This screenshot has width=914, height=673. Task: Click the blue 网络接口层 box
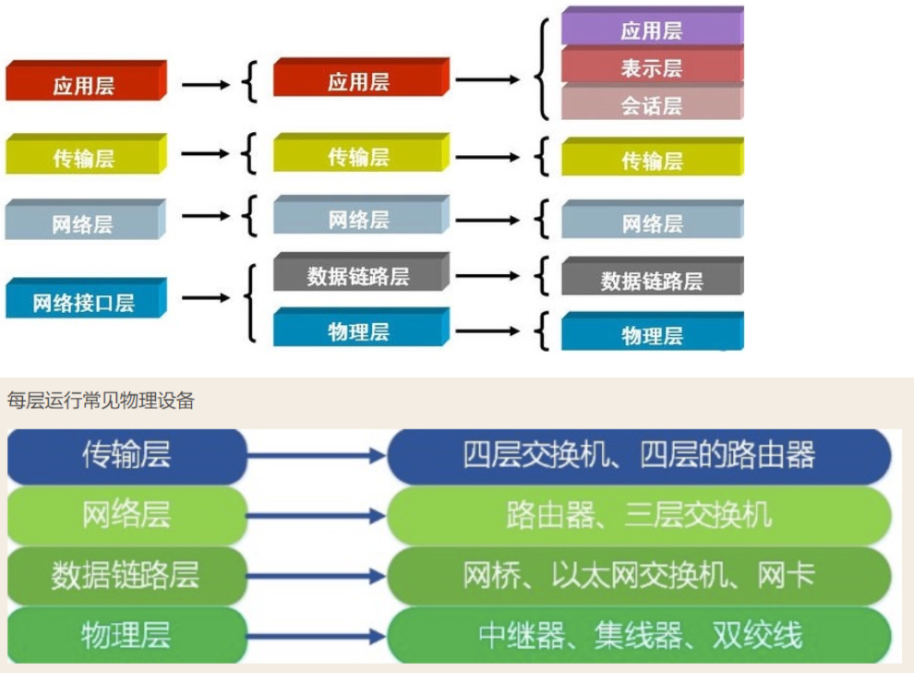coord(85,301)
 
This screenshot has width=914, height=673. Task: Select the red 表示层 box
coord(652,67)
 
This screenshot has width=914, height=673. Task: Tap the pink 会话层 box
coord(652,104)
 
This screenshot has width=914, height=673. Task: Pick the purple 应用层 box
coord(652,30)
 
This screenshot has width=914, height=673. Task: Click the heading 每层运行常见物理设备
coord(101,401)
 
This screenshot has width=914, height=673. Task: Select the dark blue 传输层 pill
coord(126,455)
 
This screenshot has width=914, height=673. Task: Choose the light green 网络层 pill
coord(126,514)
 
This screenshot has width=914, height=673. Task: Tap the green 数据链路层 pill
coord(126,575)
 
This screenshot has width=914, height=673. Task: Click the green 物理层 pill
coord(126,635)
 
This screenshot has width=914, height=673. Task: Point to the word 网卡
coord(786,575)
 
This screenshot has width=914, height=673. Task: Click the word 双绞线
coord(757,635)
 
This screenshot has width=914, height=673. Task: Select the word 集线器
coord(646,635)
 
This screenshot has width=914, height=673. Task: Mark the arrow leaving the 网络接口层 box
coord(205,298)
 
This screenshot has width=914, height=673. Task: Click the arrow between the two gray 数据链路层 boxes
coord(487,275)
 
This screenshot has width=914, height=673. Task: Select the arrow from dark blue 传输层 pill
coord(317,455)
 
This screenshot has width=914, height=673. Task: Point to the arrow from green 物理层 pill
coord(317,635)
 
